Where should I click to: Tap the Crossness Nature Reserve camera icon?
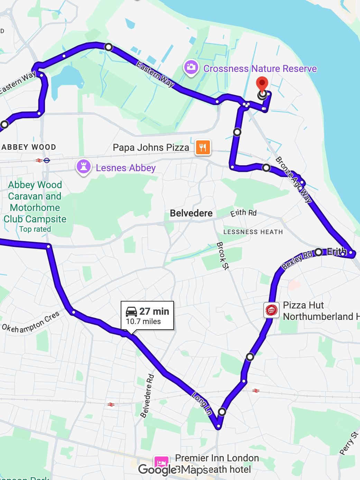(x=191, y=67)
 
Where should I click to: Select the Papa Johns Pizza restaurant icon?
(x=203, y=148)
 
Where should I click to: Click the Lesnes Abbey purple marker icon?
(x=83, y=167)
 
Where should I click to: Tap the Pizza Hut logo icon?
(x=271, y=310)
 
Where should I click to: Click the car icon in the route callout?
(x=131, y=312)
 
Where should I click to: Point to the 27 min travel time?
(x=154, y=311)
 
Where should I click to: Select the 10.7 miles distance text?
(x=144, y=322)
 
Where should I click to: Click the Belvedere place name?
(x=191, y=213)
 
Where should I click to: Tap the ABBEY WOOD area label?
(x=29, y=147)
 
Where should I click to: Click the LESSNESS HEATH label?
(x=253, y=232)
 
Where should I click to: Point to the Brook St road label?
(x=223, y=256)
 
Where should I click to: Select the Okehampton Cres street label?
(x=31, y=322)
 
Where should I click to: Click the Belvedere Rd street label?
(x=147, y=396)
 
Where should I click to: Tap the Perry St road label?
(x=349, y=443)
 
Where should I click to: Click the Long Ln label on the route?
(x=202, y=403)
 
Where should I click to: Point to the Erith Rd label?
(x=243, y=213)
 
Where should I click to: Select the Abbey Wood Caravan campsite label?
(x=35, y=202)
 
